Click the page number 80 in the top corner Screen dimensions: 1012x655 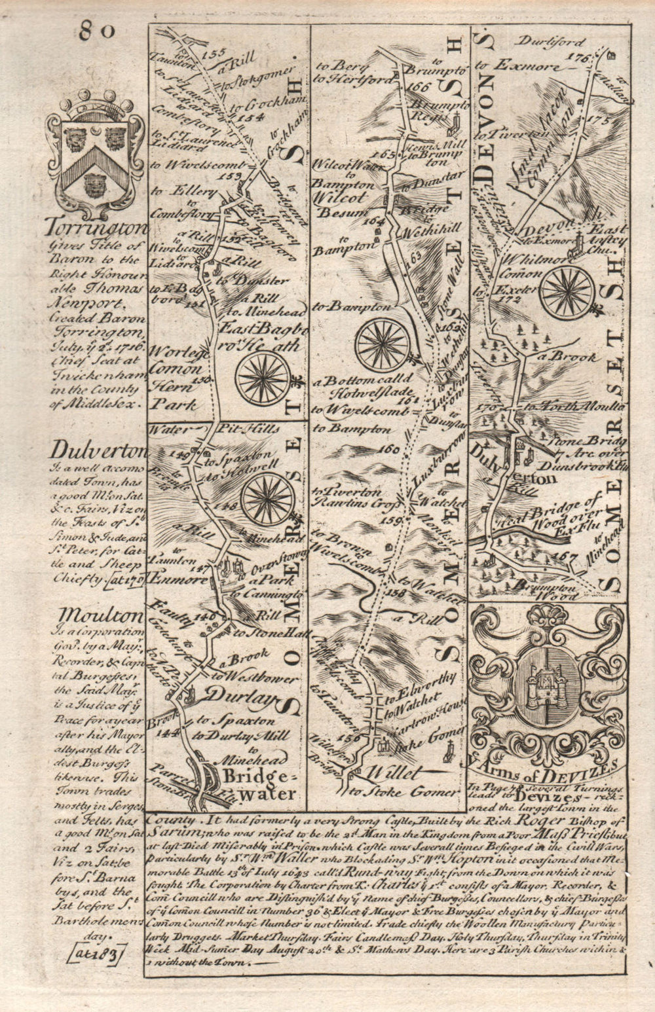click(98, 31)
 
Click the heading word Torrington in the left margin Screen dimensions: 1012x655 click(97, 229)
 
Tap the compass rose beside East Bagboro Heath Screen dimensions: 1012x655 click(264, 378)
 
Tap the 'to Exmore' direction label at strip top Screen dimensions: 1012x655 click(517, 66)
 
